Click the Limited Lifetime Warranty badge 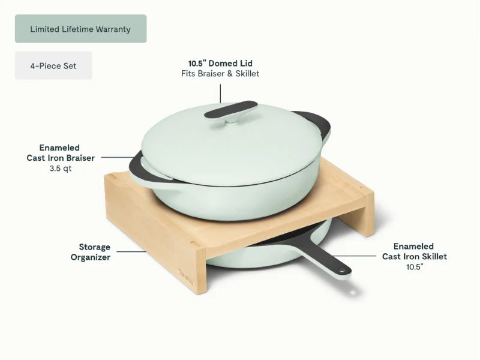pos(81,29)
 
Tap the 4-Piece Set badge pos(53,65)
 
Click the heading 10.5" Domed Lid pos(220,64)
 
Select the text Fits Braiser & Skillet pos(220,73)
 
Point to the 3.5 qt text pos(61,169)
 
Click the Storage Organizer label pos(91,252)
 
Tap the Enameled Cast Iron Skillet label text pos(415,251)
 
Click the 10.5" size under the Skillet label pos(415,267)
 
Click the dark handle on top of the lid pos(231,109)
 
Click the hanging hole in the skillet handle pos(343,271)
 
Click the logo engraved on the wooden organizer pos(186,277)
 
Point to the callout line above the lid pos(220,94)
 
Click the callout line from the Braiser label pos(118,157)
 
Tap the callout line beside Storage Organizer pos(131,252)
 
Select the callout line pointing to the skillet pos(355,256)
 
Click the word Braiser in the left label pos(81,158)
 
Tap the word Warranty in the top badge pos(113,29)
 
